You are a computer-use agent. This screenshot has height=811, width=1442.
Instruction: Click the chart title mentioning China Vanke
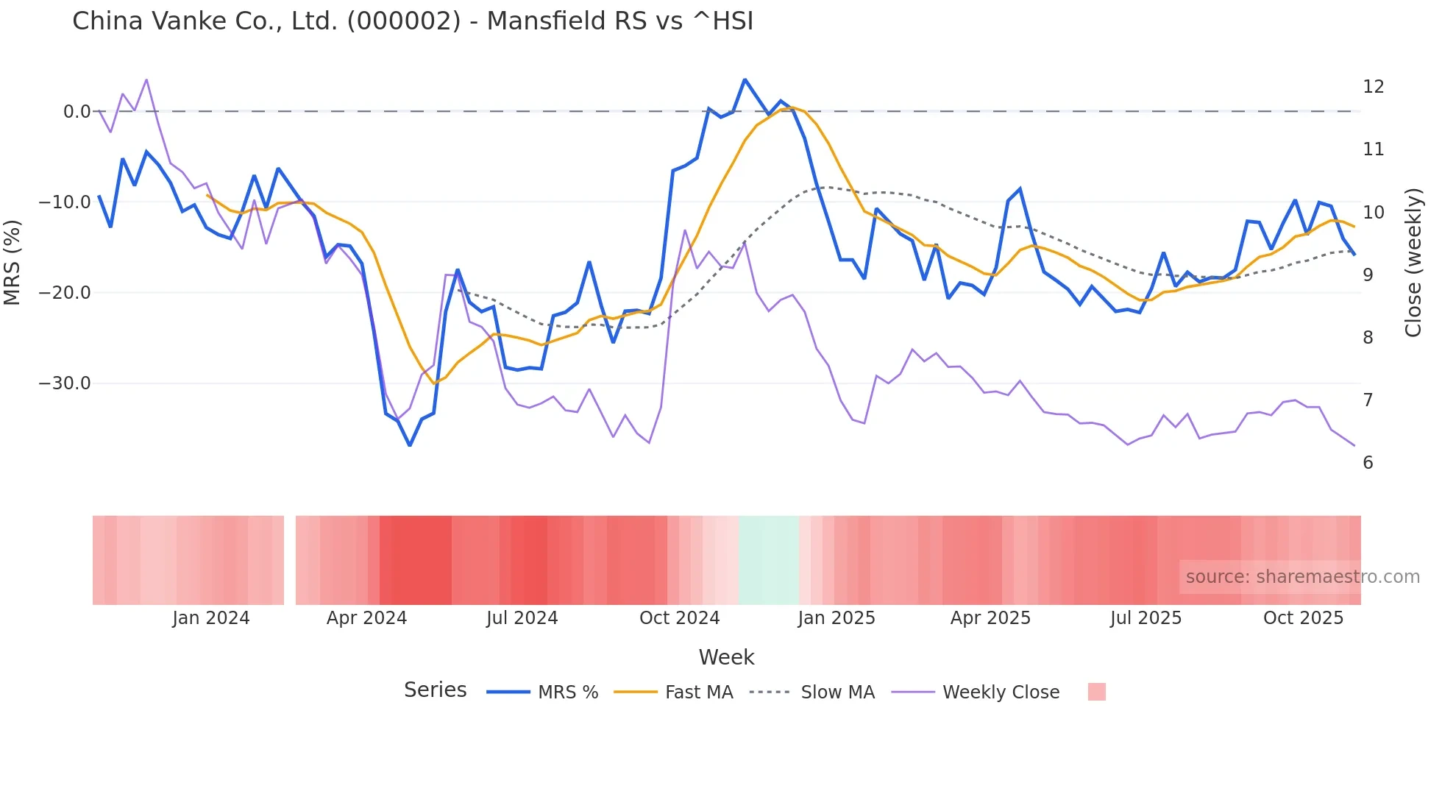[x=412, y=21]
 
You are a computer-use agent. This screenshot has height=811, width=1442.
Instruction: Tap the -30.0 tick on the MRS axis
[x=65, y=383]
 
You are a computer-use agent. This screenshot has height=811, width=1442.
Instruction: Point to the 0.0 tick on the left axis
[x=77, y=112]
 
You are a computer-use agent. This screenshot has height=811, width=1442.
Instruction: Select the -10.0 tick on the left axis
[x=65, y=202]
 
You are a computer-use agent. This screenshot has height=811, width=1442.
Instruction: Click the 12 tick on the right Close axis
[x=1373, y=87]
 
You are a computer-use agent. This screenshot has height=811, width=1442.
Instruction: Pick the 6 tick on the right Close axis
[x=1368, y=463]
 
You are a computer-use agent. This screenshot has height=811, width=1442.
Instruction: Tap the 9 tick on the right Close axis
[x=1368, y=275]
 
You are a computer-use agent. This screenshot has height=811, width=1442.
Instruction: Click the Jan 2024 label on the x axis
[x=211, y=618]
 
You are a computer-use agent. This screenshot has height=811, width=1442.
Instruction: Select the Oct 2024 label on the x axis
[x=679, y=618]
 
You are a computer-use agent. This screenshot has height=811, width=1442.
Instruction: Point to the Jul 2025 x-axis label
[x=1146, y=618]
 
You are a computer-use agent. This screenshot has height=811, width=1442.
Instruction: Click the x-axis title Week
[x=726, y=657]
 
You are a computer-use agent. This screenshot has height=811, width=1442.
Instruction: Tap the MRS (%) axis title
[x=13, y=262]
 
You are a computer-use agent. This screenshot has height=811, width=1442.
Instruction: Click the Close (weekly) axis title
[x=1413, y=262]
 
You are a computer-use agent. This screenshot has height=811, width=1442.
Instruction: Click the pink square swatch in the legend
[x=1096, y=692]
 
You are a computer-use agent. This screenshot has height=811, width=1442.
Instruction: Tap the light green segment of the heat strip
[x=768, y=560]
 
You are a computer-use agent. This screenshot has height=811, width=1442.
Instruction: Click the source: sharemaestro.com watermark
[x=1302, y=577]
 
